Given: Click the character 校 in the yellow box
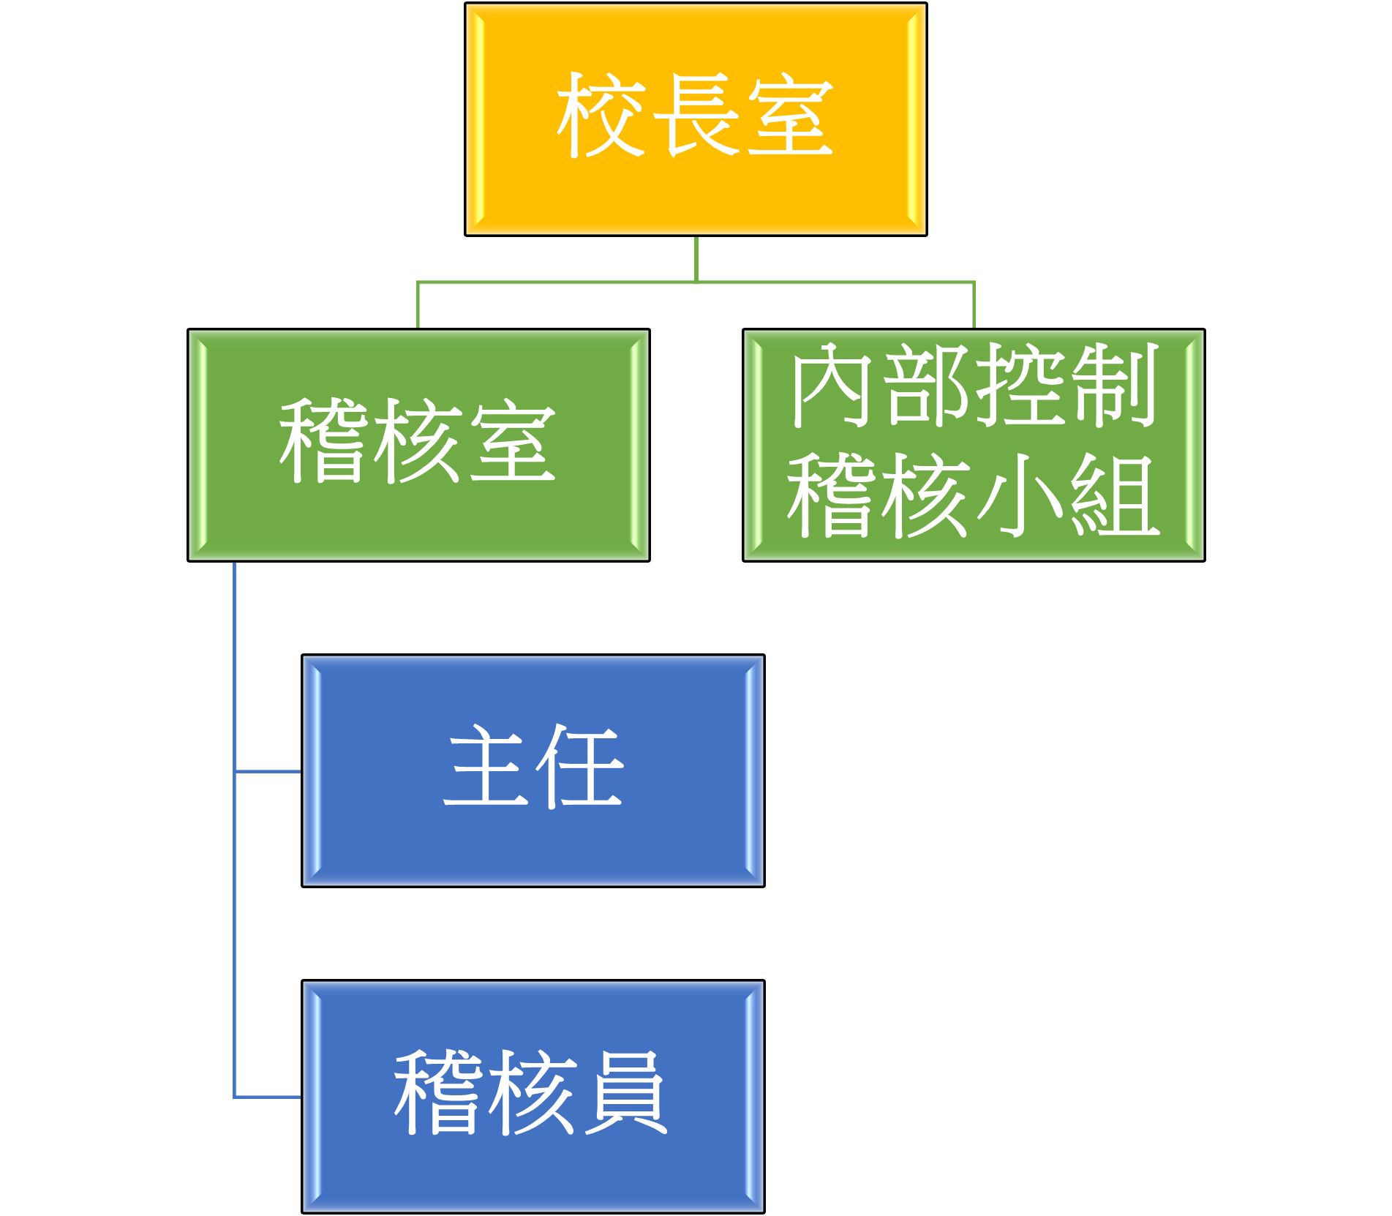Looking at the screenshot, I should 601,116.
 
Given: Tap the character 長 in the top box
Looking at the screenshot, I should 695,116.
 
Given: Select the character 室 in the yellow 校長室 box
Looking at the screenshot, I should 790,116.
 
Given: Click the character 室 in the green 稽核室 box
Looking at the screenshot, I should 512,442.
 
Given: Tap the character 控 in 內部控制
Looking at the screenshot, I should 1021,385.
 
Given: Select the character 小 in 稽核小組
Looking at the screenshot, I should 1021,495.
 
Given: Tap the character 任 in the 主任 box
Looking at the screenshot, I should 579,767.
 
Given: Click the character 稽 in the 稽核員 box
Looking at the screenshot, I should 439,1092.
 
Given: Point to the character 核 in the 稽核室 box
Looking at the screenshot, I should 417,442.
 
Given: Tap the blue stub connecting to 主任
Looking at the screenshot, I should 268,770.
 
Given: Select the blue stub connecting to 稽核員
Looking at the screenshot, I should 268,1096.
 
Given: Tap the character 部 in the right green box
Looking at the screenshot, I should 928,385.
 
